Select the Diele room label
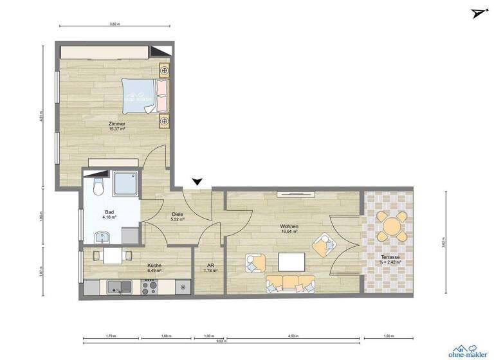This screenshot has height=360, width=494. pyautogui.click(x=178, y=216)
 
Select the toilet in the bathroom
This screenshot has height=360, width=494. pyautogui.click(x=97, y=186)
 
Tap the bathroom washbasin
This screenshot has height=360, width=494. pyautogui.click(x=102, y=239)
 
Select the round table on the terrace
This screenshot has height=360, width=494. pyautogui.click(x=392, y=226)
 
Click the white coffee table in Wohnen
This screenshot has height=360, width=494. pyautogui.click(x=291, y=262)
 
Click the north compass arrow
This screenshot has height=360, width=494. pyautogui.click(x=477, y=14)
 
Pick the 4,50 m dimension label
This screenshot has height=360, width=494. pyautogui.click(x=293, y=336)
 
